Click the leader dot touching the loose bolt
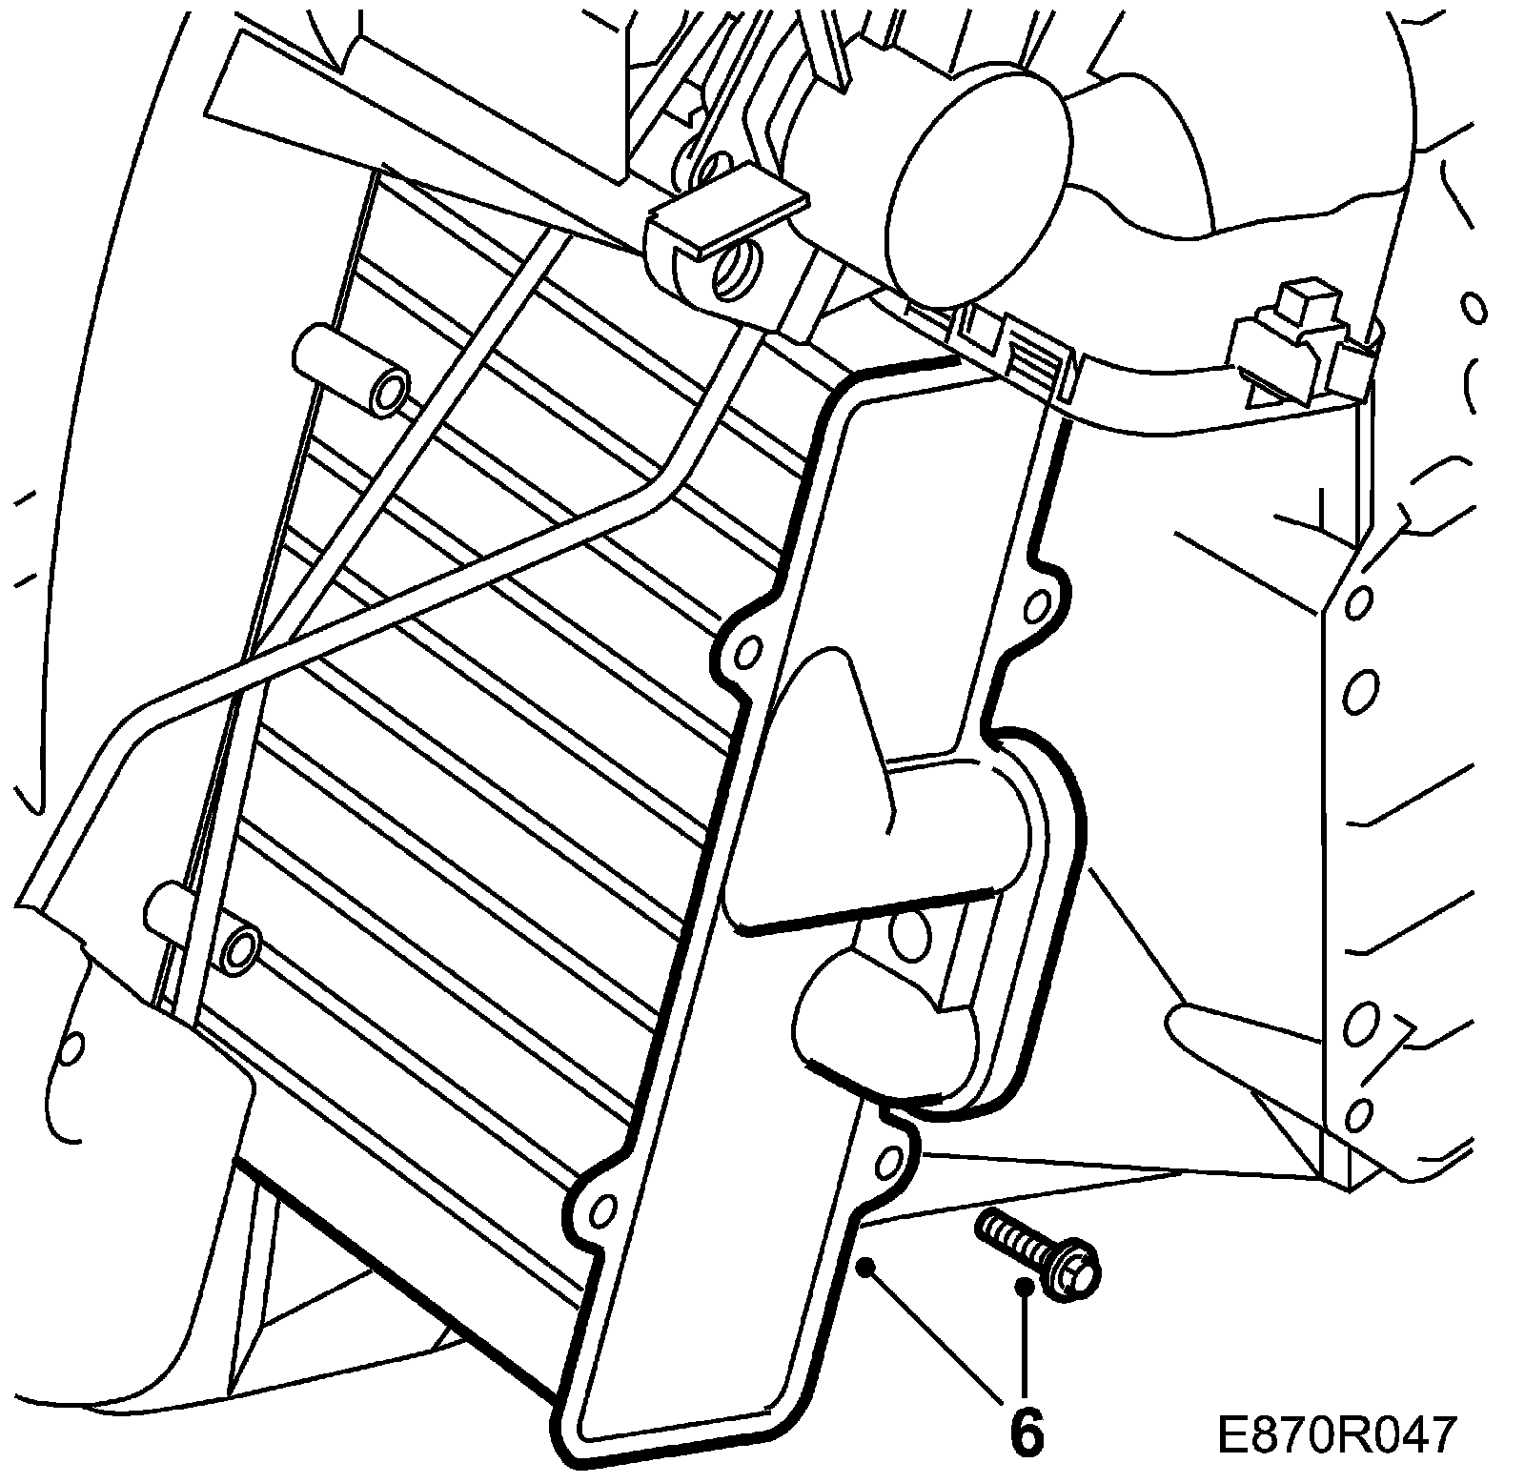1024,1287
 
